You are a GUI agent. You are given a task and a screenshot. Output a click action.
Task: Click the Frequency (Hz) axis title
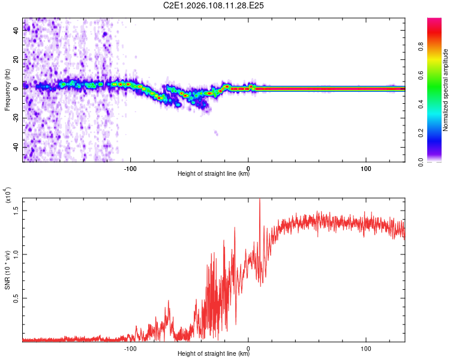pyautogui.click(x=7, y=90)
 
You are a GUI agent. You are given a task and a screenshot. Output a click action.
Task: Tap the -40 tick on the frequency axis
pyautogui.click(x=16, y=147)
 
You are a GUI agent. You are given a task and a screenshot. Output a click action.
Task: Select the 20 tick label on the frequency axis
pyautogui.click(x=16, y=59)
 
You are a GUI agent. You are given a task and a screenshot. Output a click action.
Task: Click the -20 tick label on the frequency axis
pyautogui.click(x=16, y=118)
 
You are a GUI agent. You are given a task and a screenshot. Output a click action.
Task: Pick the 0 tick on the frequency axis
pyautogui.click(x=16, y=88)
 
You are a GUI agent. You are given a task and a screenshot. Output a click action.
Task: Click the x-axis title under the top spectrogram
pyautogui.click(x=214, y=174)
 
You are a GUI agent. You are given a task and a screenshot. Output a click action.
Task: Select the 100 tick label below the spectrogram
pyautogui.click(x=366, y=167)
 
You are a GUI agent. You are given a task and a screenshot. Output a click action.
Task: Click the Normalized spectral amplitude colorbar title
pyautogui.click(x=446, y=90)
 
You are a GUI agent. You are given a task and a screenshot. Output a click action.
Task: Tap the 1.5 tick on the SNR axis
pyautogui.click(x=16, y=210)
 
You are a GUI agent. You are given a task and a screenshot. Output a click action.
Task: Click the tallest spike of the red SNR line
pyautogui.click(x=260, y=200)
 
